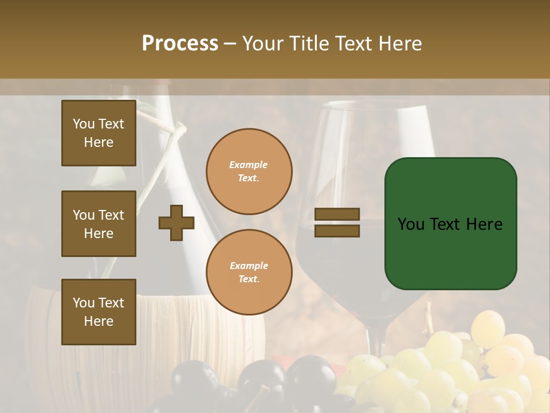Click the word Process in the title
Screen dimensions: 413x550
[180, 44]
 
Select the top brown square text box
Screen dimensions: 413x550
[99, 133]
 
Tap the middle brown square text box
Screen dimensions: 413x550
[99, 224]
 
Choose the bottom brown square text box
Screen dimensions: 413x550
[99, 312]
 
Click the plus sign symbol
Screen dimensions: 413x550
[176, 223]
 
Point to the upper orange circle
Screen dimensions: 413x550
[249, 172]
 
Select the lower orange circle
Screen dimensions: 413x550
[249, 272]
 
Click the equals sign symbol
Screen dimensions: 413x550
[337, 223]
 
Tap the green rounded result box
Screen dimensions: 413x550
[450, 224]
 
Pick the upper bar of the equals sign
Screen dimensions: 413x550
[337, 215]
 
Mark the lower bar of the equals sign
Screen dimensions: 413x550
[337, 231]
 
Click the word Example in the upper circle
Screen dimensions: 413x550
[249, 165]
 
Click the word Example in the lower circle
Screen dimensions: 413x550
[249, 266]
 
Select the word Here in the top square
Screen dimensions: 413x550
[99, 142]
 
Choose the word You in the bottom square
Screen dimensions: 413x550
[84, 303]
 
